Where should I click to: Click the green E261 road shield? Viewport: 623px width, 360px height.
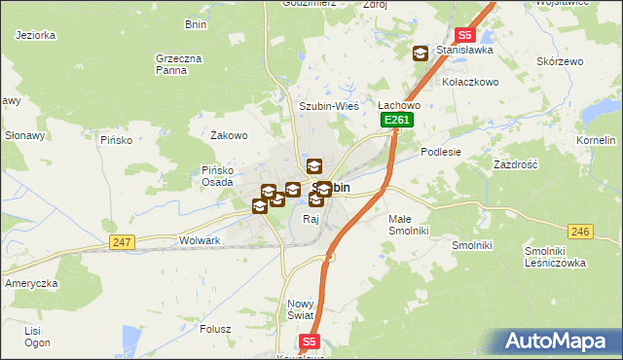pos(397,120)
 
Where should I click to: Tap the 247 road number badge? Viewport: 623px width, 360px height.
pos(122,242)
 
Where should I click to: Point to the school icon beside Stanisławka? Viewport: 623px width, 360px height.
pos(421,54)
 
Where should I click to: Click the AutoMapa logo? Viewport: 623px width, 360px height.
pos(558,342)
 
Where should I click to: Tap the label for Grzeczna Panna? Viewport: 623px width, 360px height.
pos(178,64)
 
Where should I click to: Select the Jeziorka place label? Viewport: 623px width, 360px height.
pos(36,35)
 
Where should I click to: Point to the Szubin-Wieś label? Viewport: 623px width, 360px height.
pos(329,105)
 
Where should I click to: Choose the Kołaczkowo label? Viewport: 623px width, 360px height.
pos(470,82)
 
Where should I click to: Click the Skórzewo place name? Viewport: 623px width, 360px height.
pos(558,60)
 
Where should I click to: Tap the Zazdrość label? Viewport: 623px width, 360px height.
pos(516,164)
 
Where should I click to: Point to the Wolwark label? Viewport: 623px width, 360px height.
pos(200,239)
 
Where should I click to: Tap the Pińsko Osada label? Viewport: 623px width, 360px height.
pos(217,176)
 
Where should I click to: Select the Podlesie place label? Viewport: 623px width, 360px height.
pos(440,152)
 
